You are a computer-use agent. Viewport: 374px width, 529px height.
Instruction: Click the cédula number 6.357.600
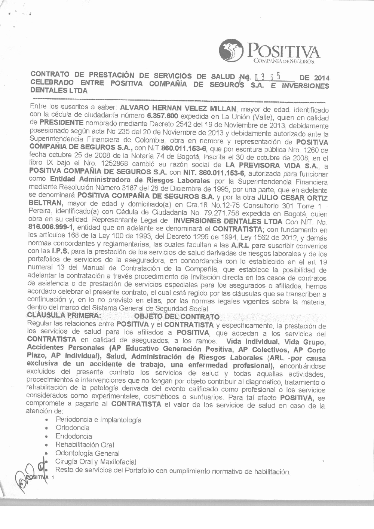click(x=162, y=116)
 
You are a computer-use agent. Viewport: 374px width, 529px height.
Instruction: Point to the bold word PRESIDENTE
click(x=62, y=123)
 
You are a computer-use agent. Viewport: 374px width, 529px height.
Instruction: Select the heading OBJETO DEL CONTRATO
click(x=177, y=317)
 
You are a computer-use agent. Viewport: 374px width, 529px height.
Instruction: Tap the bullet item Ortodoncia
click(x=73, y=428)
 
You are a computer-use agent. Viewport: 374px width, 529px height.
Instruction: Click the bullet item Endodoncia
click(x=74, y=436)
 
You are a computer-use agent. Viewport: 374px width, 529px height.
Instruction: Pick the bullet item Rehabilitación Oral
click(x=85, y=445)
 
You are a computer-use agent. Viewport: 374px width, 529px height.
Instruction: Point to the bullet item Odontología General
click(x=88, y=453)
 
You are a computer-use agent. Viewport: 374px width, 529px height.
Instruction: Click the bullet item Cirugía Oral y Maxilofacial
click(x=96, y=462)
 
